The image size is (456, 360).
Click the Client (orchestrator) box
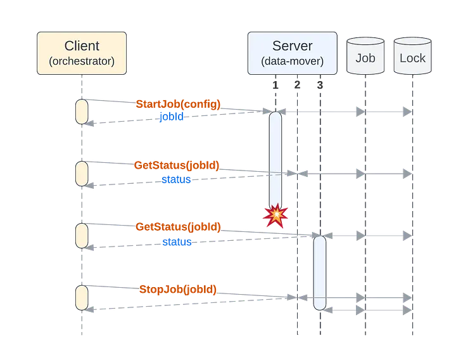coord(82,53)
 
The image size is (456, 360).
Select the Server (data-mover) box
coord(292,53)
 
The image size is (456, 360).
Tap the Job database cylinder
coord(365,56)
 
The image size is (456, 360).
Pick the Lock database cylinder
coord(413,56)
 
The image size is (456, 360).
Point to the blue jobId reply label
coord(171,117)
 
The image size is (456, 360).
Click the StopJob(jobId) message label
coord(178,290)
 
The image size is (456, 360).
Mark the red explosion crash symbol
coord(275,216)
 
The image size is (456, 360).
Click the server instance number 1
coord(275,85)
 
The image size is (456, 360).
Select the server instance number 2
coord(298,85)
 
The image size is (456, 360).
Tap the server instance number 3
coord(320,85)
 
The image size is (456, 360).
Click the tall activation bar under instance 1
coord(275,158)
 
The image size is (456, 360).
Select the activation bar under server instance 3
coord(320,273)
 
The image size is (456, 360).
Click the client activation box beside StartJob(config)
coord(82,112)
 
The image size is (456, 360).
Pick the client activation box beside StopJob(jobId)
coord(82,298)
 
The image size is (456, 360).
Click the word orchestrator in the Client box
coord(82,61)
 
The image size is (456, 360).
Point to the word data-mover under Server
coord(292,61)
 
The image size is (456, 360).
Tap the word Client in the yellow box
coord(82,46)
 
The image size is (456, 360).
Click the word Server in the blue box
coord(292,46)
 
